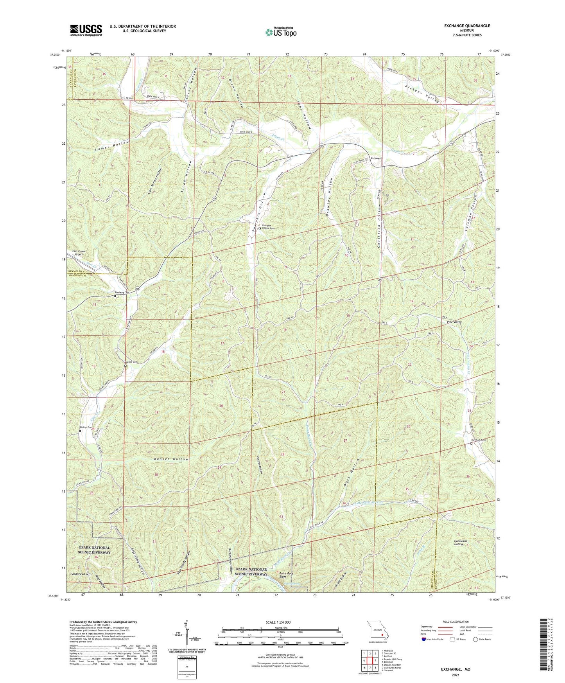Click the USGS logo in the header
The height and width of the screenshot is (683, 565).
(x=86, y=30)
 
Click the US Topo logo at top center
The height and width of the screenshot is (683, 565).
(x=280, y=32)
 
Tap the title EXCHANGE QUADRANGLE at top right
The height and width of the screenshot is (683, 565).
(x=467, y=26)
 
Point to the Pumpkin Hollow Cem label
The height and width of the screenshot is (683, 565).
(x=271, y=227)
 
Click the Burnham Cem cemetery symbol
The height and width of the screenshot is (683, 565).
(x=471, y=444)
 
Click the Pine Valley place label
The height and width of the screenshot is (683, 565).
(x=454, y=322)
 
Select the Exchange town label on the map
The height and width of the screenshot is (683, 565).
(x=376, y=158)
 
